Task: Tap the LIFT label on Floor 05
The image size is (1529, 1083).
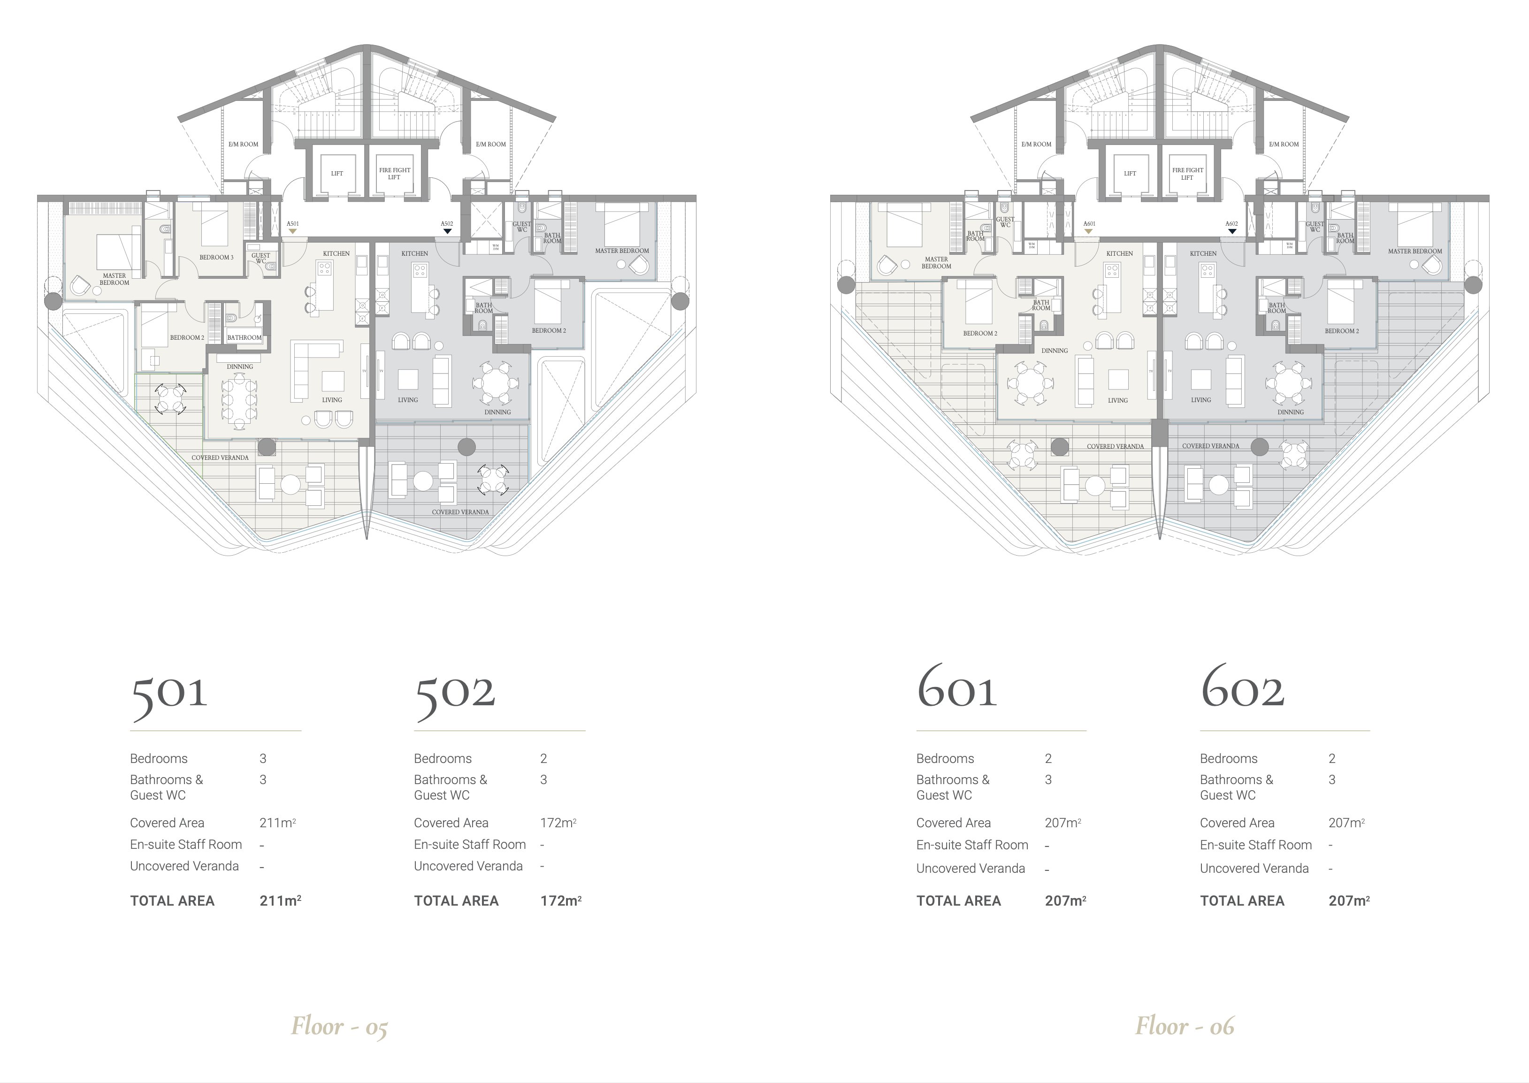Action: pos(337,174)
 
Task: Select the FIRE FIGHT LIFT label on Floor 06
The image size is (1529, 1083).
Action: pos(1188,174)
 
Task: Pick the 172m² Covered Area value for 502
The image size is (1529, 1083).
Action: pos(558,823)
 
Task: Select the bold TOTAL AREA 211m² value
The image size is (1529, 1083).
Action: pos(280,901)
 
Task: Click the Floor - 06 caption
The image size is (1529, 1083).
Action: pos(1184,1026)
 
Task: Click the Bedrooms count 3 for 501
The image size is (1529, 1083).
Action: pos(263,758)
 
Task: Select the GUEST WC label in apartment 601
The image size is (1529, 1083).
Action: pos(1005,222)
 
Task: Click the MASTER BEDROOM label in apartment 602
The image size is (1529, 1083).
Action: pos(1414,252)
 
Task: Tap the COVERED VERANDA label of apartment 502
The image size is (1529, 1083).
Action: pos(460,512)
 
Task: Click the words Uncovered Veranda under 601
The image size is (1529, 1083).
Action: pos(970,868)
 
